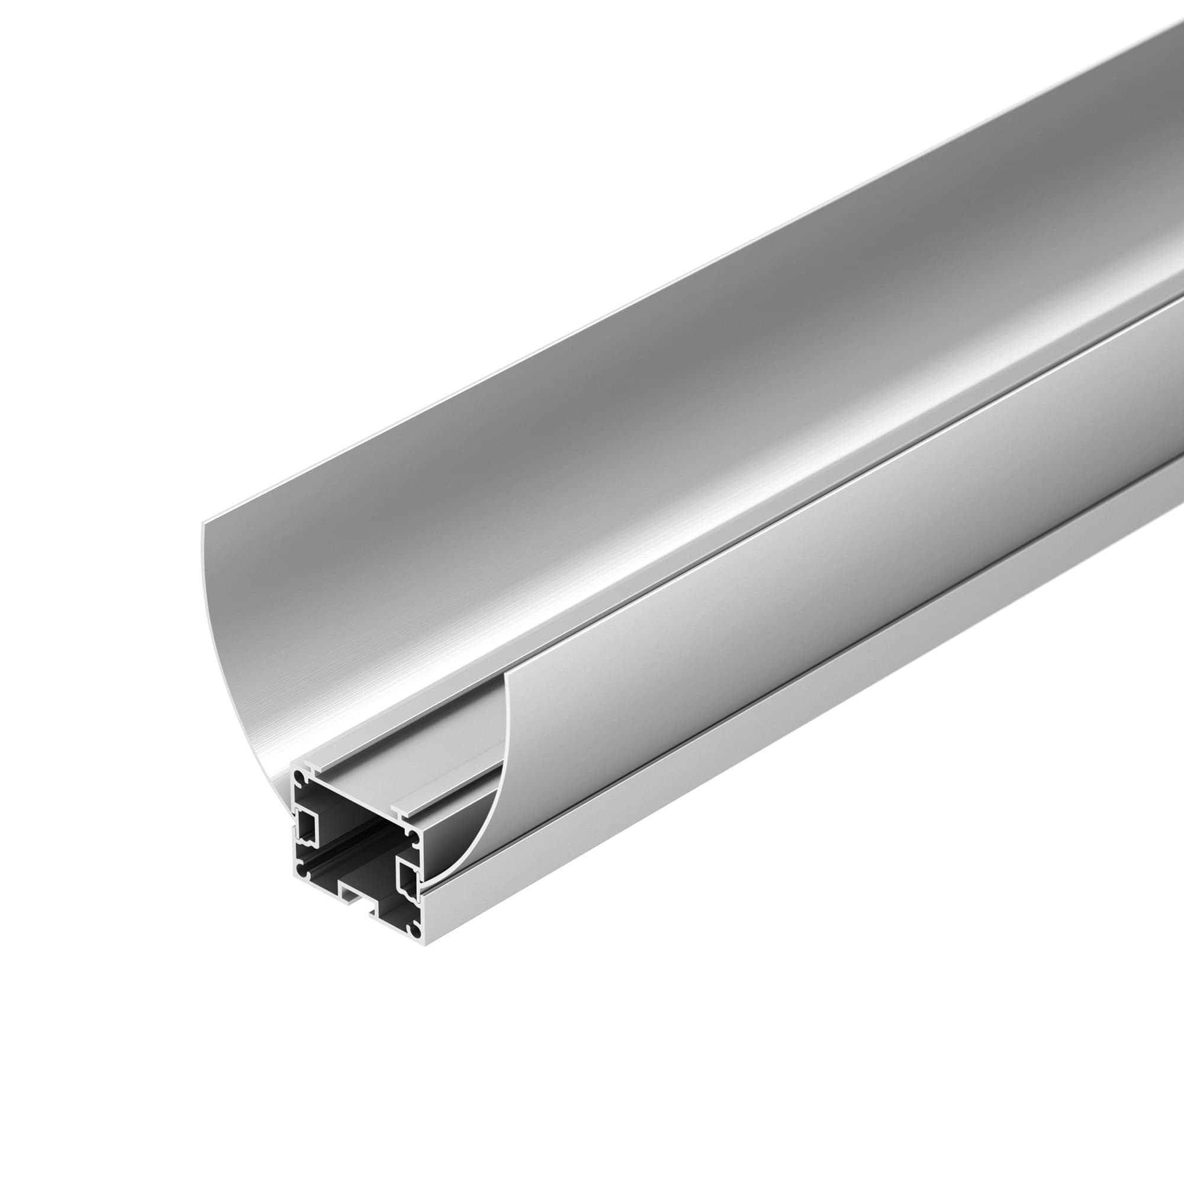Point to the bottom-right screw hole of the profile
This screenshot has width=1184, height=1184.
416,932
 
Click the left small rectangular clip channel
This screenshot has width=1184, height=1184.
308,825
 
